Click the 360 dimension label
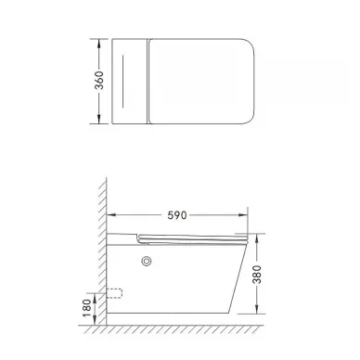pyautogui.click(x=99, y=81)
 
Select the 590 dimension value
pyautogui.click(x=177, y=215)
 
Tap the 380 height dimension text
pyautogui.click(x=257, y=274)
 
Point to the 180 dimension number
pyautogui.click(x=87, y=308)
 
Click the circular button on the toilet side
pyautogui.click(x=147, y=262)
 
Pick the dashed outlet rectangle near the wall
pyautogui.click(x=114, y=293)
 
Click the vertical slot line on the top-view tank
pyautogui.click(x=123, y=82)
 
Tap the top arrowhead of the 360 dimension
pyautogui.click(x=99, y=44)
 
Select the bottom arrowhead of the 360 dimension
pyautogui.click(x=99, y=119)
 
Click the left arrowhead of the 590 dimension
pyautogui.click(x=111, y=214)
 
